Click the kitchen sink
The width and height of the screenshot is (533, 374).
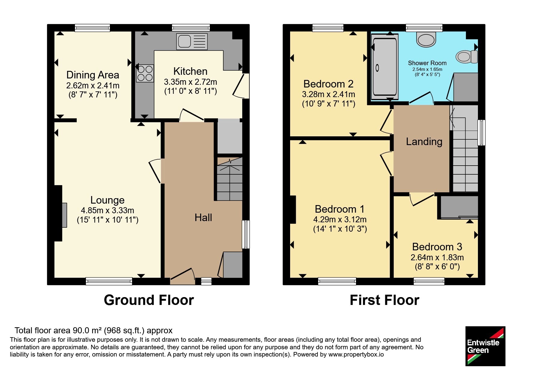(192, 41)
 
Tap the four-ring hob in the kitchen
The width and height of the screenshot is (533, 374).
(145, 73)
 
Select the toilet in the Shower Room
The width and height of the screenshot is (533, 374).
(466, 56)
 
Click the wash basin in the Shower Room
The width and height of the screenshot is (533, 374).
(426, 40)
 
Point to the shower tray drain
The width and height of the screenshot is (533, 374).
(377, 68)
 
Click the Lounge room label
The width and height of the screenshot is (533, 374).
(107, 200)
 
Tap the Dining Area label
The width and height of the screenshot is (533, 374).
(93, 75)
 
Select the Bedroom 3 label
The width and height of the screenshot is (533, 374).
(437, 247)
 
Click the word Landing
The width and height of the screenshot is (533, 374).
(424, 141)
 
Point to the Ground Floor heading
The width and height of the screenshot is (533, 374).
(149, 300)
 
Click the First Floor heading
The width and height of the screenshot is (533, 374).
(384, 300)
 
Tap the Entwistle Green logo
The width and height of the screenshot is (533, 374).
(485, 346)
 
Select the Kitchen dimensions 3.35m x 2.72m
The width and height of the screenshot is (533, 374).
(191, 82)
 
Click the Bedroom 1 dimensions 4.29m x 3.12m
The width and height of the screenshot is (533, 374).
(340, 219)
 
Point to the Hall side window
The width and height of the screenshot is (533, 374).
(246, 234)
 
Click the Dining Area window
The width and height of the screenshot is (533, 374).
(92, 28)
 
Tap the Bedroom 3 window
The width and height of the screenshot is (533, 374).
(429, 281)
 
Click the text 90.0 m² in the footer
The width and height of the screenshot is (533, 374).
(87, 331)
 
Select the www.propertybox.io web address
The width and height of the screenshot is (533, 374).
(356, 354)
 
